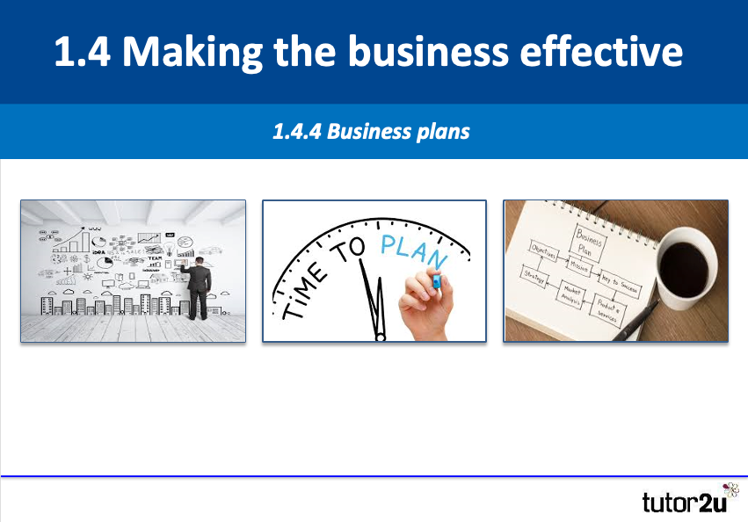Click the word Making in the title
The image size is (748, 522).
tap(185, 52)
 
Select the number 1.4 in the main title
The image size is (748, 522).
tap(81, 52)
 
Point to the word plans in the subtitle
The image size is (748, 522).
tap(442, 133)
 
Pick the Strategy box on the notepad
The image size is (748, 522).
tap(534, 275)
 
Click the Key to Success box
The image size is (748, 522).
tap(620, 284)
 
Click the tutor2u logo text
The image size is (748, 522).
tap(681, 504)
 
